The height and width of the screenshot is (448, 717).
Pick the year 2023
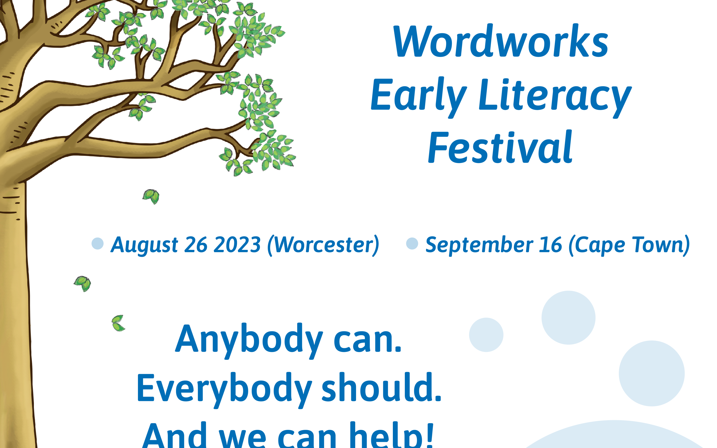point(237,245)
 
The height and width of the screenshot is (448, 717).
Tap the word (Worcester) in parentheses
point(323,245)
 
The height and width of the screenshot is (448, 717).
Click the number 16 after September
point(550,245)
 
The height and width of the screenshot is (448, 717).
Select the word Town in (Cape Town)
point(661,245)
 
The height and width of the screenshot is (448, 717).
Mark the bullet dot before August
point(98,244)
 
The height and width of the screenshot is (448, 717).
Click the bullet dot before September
point(412,244)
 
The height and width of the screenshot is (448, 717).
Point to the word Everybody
point(224,390)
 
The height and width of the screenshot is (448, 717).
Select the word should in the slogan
point(381,387)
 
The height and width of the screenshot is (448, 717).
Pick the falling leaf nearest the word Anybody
point(118,323)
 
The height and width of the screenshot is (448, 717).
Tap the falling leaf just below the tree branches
point(151,196)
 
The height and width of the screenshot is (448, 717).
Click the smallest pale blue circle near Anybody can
point(486,335)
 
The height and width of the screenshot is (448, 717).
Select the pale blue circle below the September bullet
point(568,318)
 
